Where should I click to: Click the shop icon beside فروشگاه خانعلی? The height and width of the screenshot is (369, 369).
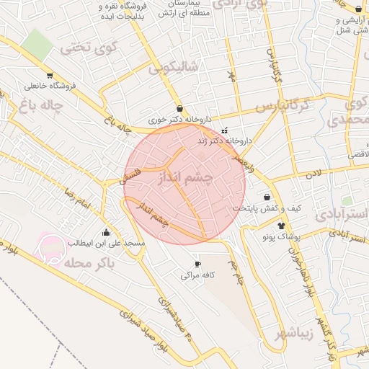pyautogui.click(x=49, y=75)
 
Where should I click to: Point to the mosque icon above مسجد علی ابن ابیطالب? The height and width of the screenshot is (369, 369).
pyautogui.click(x=107, y=232)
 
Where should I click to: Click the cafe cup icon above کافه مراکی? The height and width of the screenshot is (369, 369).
pyautogui.click(x=198, y=264)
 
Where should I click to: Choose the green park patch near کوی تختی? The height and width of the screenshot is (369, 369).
pyautogui.click(x=37, y=44)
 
